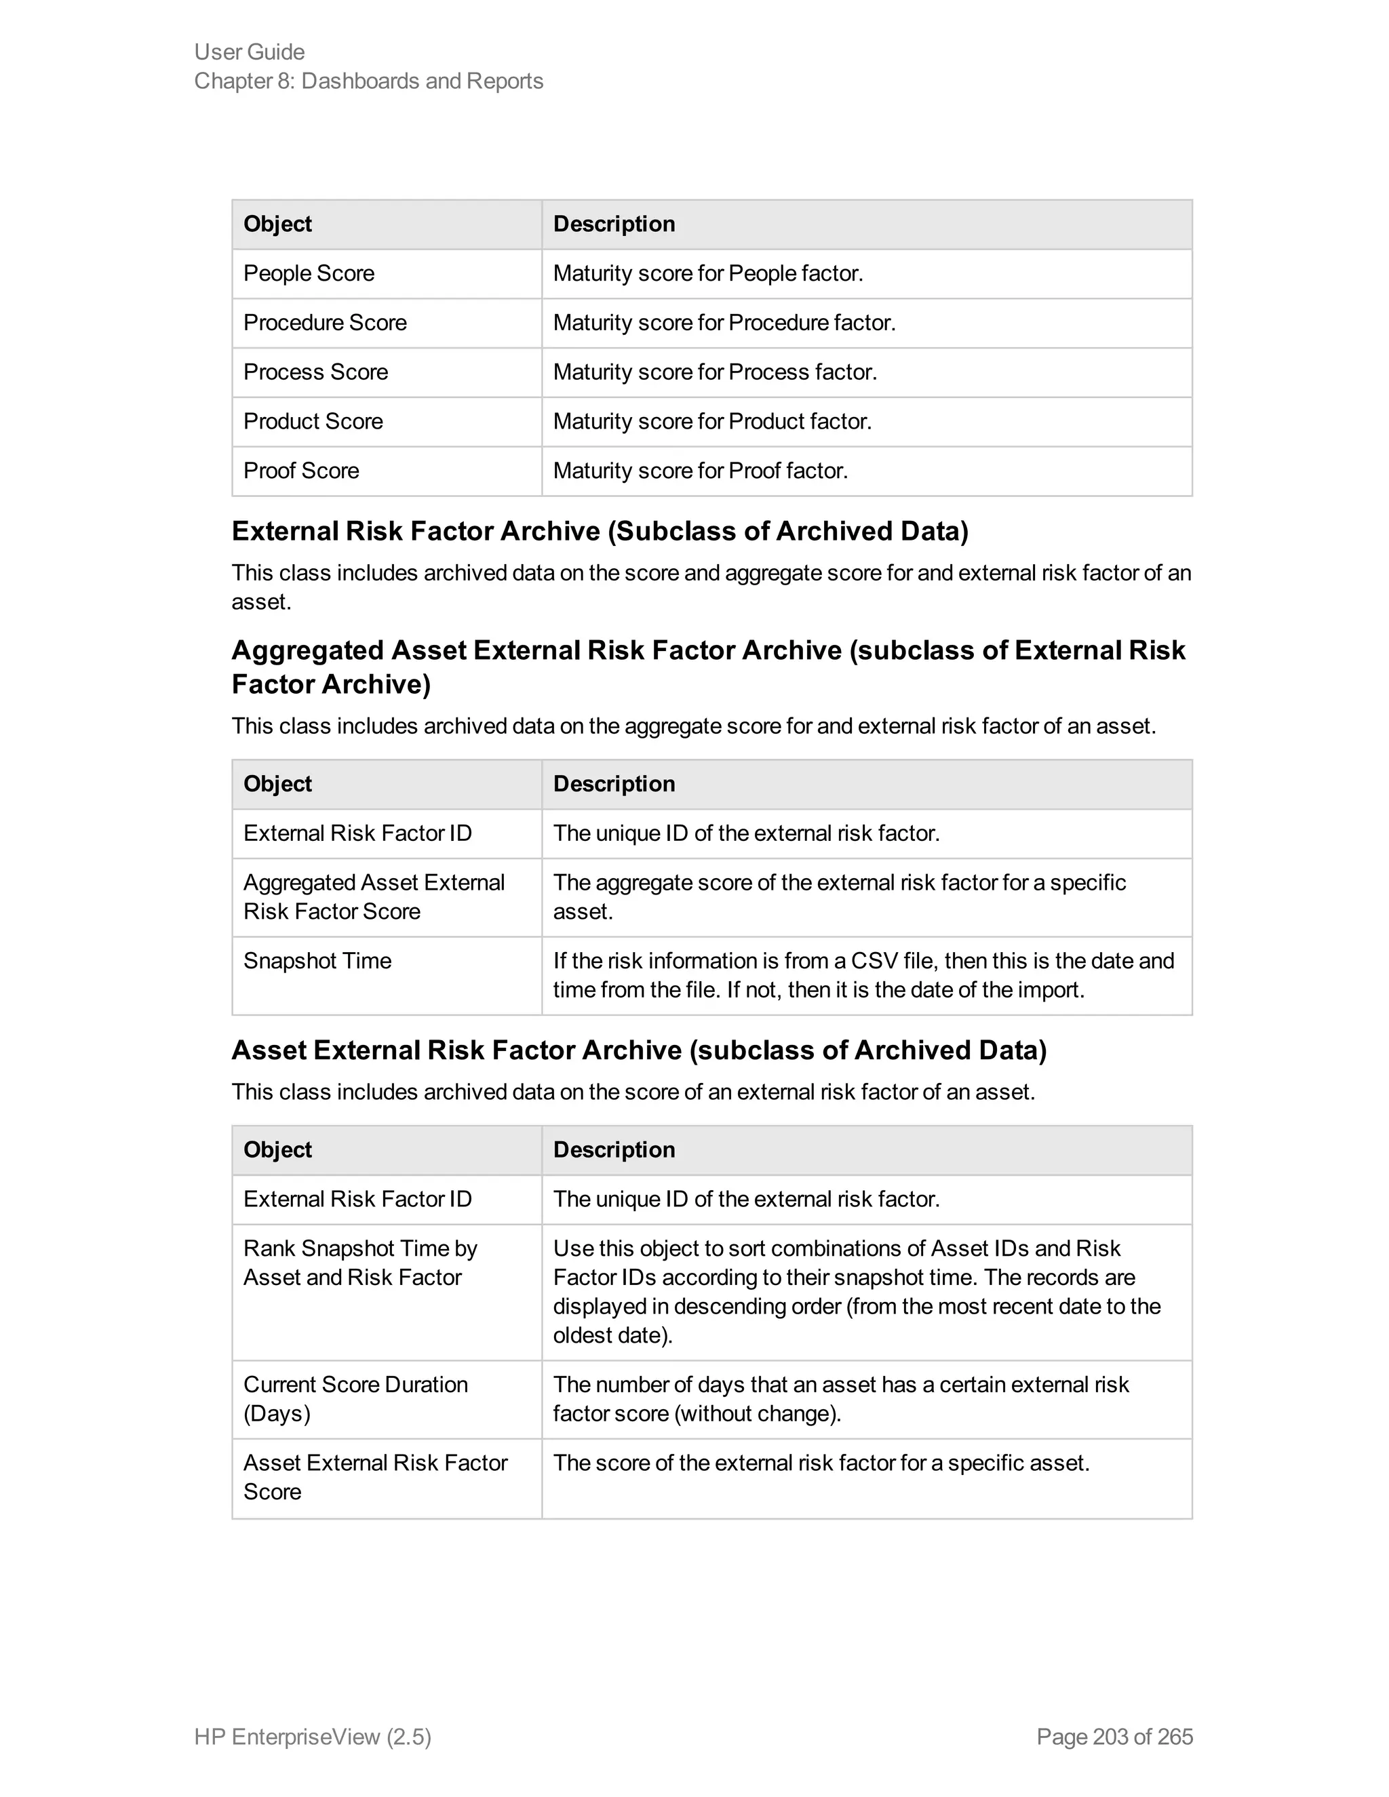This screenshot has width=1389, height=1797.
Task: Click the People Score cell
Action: (309, 273)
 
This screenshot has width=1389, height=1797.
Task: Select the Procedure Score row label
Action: (325, 323)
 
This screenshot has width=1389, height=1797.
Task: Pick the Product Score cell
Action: (313, 421)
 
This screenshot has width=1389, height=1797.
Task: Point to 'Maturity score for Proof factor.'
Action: (699, 471)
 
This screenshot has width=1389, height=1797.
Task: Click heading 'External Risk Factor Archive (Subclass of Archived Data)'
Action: (600, 532)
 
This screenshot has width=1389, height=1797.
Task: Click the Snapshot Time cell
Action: (317, 961)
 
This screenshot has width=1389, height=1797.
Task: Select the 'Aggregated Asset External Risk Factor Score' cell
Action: (374, 897)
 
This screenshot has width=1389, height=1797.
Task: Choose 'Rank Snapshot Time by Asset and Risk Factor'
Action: (359, 1263)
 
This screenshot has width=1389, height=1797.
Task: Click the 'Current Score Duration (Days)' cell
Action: (355, 1399)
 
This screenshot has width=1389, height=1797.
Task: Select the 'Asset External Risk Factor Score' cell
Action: (374, 1477)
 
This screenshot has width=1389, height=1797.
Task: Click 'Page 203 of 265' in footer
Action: (1114, 1737)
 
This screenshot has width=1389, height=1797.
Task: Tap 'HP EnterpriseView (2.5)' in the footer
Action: (313, 1737)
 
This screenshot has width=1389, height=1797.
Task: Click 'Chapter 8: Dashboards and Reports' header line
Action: (369, 81)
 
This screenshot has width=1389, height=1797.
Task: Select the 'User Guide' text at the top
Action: (250, 52)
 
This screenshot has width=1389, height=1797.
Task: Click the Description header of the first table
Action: (614, 224)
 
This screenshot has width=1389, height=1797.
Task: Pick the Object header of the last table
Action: (277, 1149)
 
